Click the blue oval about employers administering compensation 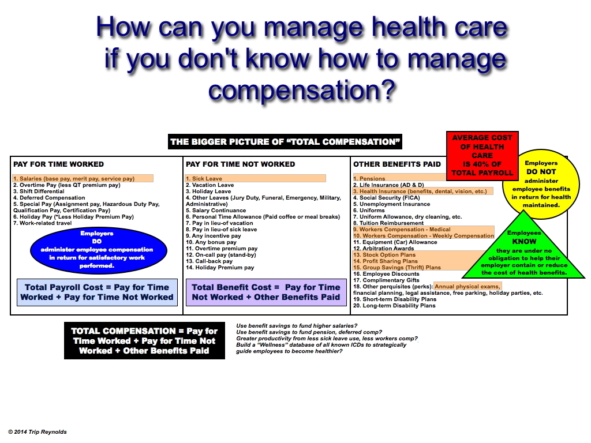click(98, 250)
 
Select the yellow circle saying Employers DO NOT click(541, 184)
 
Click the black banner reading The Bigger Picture click(285, 142)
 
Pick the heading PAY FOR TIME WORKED click(58, 164)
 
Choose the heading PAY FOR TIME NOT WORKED click(241, 164)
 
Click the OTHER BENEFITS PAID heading click(397, 164)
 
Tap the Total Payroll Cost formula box click(97, 292)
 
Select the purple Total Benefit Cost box click(266, 292)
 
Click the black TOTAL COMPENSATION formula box click(144, 340)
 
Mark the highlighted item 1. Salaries click(83, 179)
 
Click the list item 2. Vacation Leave click(210, 185)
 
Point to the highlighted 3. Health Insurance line click(423, 192)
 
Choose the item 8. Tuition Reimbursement click(388, 223)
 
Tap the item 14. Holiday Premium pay click(220, 268)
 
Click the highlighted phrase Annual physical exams click(467, 287)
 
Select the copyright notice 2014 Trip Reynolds click(38, 431)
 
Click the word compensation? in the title click(301, 91)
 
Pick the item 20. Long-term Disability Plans click(394, 306)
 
